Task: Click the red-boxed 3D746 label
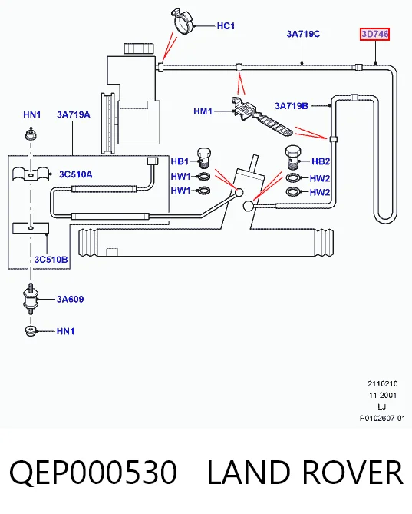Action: [374, 34]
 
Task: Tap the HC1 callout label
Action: [226, 26]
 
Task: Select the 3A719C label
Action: [303, 34]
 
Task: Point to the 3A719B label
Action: [292, 106]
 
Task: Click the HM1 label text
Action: [203, 111]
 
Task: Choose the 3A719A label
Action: [74, 114]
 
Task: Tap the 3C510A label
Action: [76, 174]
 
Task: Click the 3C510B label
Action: [51, 260]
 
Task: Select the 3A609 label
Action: [71, 300]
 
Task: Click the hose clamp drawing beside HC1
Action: [183, 21]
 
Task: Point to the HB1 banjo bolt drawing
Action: [204, 158]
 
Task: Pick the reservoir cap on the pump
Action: [139, 48]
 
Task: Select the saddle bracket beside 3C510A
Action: [31, 174]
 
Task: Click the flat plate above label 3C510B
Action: [31, 228]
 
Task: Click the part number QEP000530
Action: [94, 472]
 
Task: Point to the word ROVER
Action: [352, 472]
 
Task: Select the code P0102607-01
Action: [382, 419]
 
